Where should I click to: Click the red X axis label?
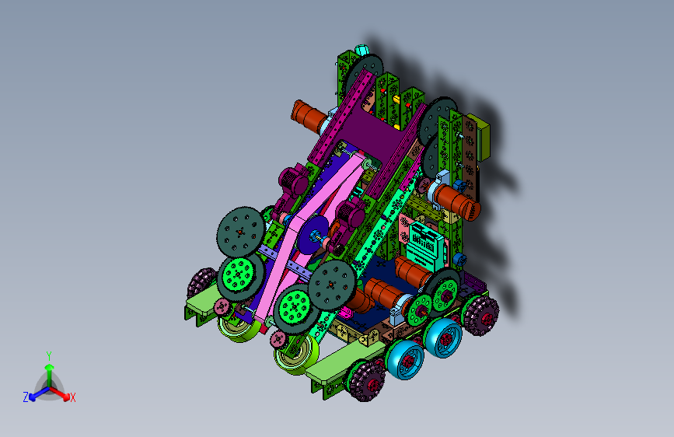coord(72,397)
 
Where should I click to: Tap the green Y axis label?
coord(49,355)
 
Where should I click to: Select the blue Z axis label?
coord(26,397)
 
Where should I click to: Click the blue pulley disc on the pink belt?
coord(313,234)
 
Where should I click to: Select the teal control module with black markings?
coord(424,247)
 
